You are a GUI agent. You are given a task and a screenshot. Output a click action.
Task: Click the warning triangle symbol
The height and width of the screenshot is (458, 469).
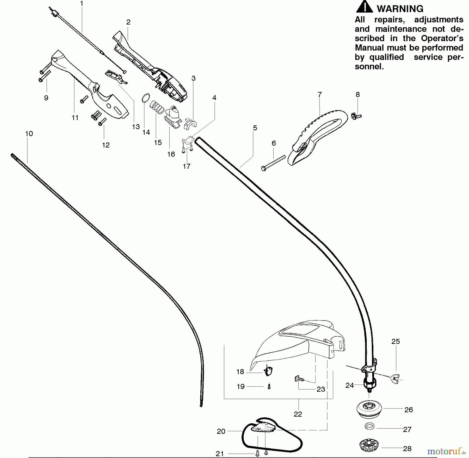click(x=364, y=7)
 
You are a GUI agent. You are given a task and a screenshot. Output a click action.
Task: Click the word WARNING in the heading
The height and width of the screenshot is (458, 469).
click(x=400, y=9)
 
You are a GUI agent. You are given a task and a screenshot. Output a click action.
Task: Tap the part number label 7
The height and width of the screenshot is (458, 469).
click(x=320, y=95)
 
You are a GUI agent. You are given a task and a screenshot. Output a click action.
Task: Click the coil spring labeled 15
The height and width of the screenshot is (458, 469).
click(x=157, y=107)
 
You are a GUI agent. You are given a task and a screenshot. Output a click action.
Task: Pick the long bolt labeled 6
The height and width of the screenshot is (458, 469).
click(x=273, y=163)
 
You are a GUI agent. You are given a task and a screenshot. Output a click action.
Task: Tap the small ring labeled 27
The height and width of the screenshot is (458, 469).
click(x=369, y=426)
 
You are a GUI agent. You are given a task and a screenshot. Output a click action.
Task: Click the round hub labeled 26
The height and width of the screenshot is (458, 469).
click(x=369, y=408)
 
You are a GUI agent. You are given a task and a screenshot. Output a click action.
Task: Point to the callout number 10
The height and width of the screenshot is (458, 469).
click(x=29, y=134)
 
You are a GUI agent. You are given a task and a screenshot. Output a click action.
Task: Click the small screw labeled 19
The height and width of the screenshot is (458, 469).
click(x=269, y=387)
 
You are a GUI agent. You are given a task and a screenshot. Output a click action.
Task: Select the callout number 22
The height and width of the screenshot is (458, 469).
click(x=298, y=414)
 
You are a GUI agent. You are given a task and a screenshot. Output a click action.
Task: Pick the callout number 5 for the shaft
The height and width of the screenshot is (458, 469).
click(x=255, y=128)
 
